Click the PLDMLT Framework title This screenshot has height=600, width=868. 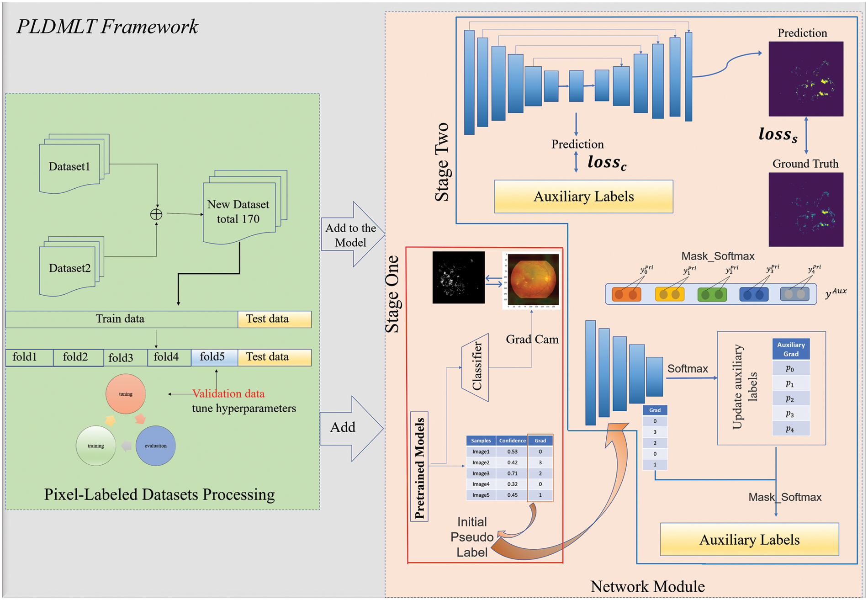pos(107,27)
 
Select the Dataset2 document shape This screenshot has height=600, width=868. pos(70,269)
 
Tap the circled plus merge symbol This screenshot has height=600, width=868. pos(156,214)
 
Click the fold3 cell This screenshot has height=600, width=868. pos(121,357)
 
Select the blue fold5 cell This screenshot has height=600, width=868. pos(213,357)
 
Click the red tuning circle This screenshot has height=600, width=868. pos(126,394)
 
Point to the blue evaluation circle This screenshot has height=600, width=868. pos(155,446)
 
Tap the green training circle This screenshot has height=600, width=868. pos(96,446)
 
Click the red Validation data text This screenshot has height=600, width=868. pos(228,393)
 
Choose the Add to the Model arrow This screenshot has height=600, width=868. pos(351,235)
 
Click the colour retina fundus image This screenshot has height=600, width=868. pos(532,280)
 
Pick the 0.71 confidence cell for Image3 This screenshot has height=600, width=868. pos(512,473)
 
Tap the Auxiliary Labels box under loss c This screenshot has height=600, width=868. pos(583,196)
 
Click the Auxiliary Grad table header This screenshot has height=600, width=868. pos(791,349)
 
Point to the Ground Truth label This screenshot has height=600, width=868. pos(805,164)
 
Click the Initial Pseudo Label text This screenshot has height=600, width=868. pos(472,537)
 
